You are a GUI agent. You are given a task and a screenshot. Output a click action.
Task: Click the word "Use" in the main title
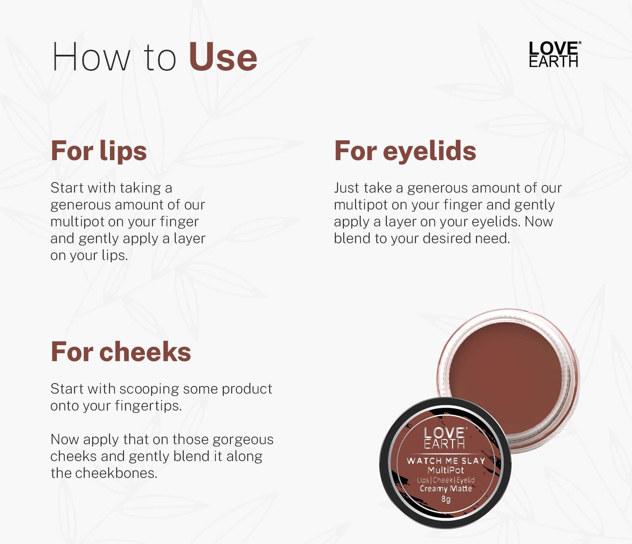[x=223, y=57]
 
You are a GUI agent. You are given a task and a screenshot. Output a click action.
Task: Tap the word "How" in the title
[x=91, y=57]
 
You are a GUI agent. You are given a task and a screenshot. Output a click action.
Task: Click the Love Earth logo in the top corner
[x=554, y=55]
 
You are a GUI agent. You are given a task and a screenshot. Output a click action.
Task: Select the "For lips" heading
[x=99, y=151]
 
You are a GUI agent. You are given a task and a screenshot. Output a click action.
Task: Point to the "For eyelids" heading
[x=405, y=151]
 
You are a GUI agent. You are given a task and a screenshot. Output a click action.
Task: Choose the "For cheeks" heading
[x=121, y=352]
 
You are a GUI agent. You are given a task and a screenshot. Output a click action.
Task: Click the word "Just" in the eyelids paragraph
[x=347, y=188]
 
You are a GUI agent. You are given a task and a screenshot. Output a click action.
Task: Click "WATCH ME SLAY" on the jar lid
[x=446, y=460]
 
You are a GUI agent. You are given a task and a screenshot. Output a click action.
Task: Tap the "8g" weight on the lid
[x=446, y=499]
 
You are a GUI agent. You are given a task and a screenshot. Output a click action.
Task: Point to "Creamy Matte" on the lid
[x=446, y=488]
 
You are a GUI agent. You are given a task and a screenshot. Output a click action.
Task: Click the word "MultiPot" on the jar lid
[x=446, y=470]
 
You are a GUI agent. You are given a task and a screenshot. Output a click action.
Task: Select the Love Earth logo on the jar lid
[x=445, y=438]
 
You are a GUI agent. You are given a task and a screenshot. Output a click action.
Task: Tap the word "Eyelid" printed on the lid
[x=465, y=480]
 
